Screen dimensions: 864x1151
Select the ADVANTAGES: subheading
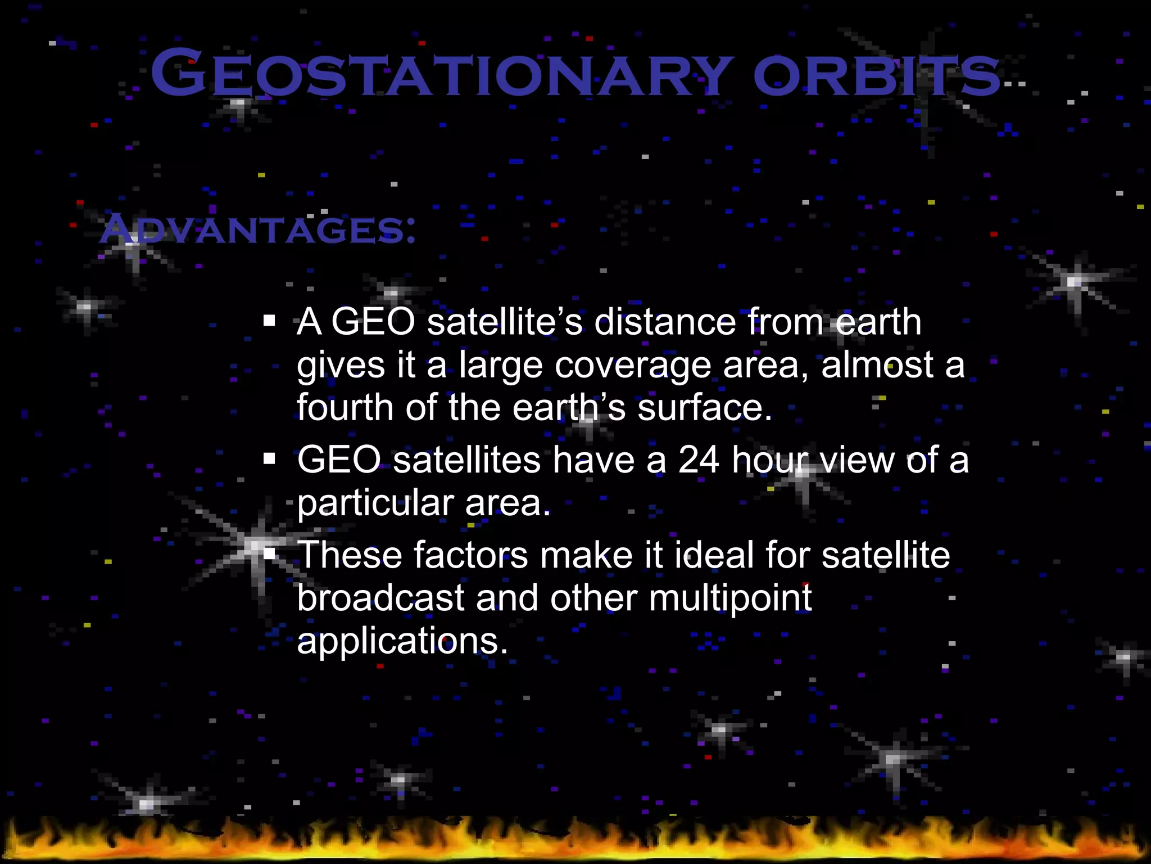(x=258, y=229)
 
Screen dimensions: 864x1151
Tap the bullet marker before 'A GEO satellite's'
(x=270, y=322)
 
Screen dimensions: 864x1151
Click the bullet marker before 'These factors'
(x=270, y=555)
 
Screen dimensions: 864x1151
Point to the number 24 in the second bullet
(x=698, y=460)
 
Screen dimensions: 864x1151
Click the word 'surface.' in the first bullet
(x=705, y=407)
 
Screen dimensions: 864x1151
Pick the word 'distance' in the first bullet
(x=664, y=322)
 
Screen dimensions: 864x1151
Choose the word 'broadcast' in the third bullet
(x=380, y=598)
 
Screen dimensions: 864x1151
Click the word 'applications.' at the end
(x=402, y=641)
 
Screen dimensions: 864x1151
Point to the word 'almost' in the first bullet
(x=877, y=365)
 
